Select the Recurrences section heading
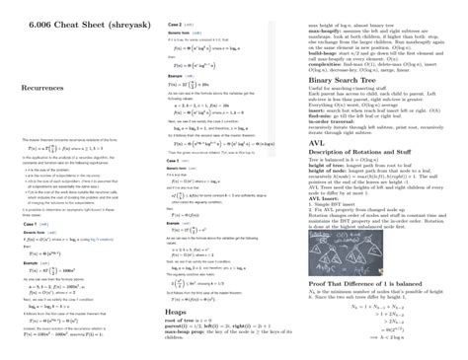coord(46,90)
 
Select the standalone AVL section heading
coord(318,141)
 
